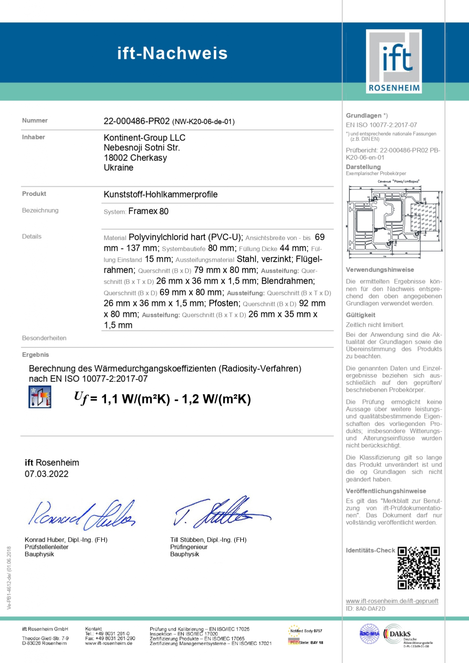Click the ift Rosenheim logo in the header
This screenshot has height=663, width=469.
pos(393,62)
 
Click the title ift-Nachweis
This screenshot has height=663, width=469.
pos(172,53)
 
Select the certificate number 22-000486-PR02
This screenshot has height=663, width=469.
pos(136,121)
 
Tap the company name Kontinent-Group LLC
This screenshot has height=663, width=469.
pos(144,138)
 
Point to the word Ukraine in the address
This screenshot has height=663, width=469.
pos(118,168)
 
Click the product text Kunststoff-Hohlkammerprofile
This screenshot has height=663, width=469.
pos(160,195)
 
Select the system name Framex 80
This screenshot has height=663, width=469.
pos(148,211)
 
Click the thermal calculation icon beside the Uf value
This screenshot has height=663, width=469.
pos(40,397)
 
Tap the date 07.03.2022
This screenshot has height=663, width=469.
pos(46,474)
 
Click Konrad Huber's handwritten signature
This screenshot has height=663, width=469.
pos(81,514)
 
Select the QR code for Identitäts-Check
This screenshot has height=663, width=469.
pos(418,568)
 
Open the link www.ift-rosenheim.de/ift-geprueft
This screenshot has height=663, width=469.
pos(392,601)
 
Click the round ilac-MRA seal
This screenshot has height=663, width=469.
pos(369,634)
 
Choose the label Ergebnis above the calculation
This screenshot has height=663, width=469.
pos(35,355)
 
